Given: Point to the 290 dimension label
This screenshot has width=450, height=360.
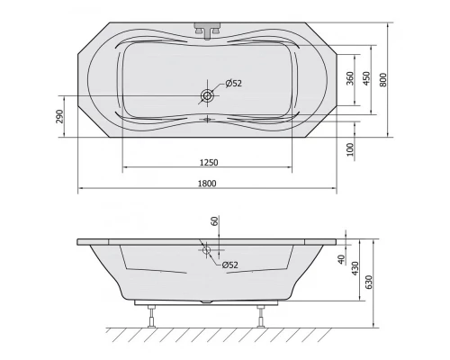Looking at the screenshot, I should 59,116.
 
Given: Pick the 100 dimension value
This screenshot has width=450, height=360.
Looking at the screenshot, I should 349,148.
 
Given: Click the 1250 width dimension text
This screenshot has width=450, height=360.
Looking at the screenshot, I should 209,162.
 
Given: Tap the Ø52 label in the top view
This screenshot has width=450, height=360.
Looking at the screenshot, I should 230,84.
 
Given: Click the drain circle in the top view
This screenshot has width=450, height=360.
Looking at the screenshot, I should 208,95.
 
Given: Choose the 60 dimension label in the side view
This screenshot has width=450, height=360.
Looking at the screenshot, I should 214,220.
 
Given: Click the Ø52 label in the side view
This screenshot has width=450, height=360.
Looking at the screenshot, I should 229,264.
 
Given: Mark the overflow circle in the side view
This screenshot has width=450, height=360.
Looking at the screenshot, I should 208,252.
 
